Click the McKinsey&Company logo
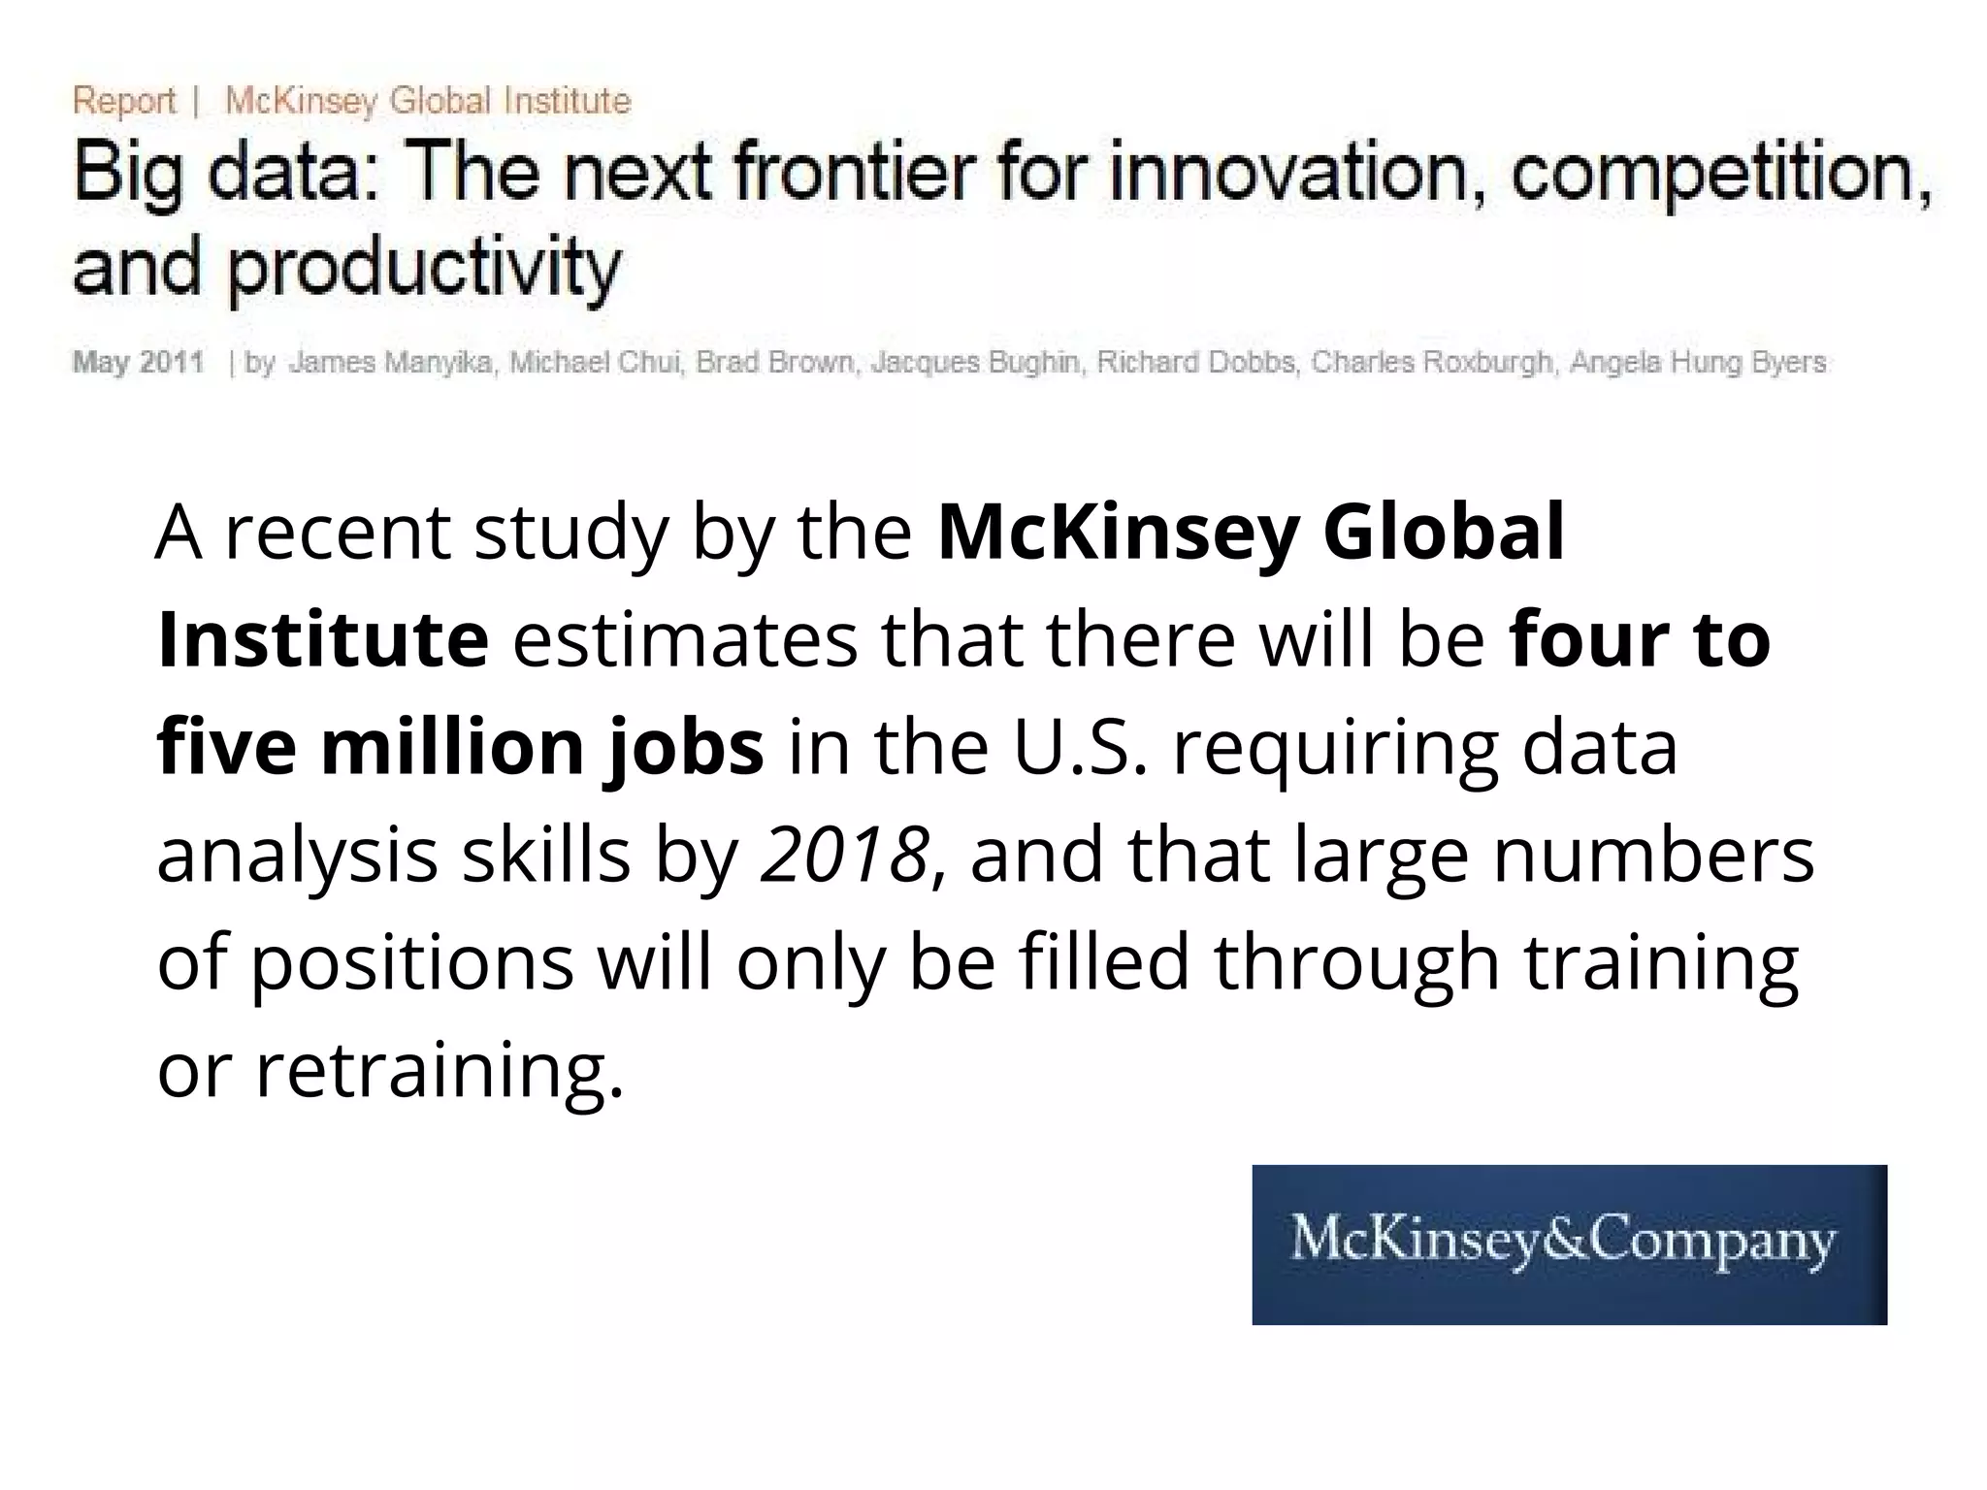(x=1569, y=1244)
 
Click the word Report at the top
(x=124, y=101)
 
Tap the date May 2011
(x=138, y=363)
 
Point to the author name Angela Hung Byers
(x=1698, y=363)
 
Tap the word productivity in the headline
(x=424, y=268)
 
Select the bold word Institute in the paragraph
(x=322, y=640)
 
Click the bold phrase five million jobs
(x=460, y=747)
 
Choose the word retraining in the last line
(x=439, y=1071)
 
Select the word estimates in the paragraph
(x=685, y=640)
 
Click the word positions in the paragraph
(x=413, y=963)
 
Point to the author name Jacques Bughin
(x=976, y=363)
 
